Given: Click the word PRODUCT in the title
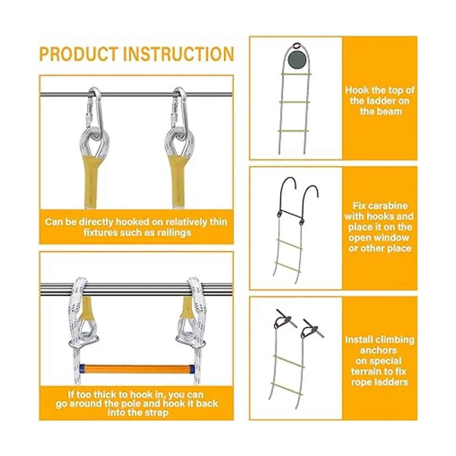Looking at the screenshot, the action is pyautogui.click(x=79, y=54).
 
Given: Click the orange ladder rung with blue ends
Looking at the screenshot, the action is pyautogui.click(x=137, y=369).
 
